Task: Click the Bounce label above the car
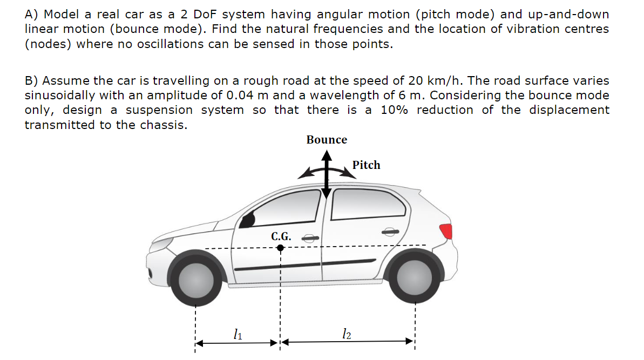[327, 140]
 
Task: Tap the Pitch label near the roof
[366, 165]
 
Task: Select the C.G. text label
[281, 236]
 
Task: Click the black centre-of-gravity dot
[280, 248]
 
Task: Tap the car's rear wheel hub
[415, 276]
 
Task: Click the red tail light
[446, 231]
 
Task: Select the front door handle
[309, 237]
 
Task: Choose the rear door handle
[390, 232]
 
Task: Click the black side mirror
[249, 220]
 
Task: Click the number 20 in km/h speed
[415, 81]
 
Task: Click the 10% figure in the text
[392, 110]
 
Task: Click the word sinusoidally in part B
[60, 96]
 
